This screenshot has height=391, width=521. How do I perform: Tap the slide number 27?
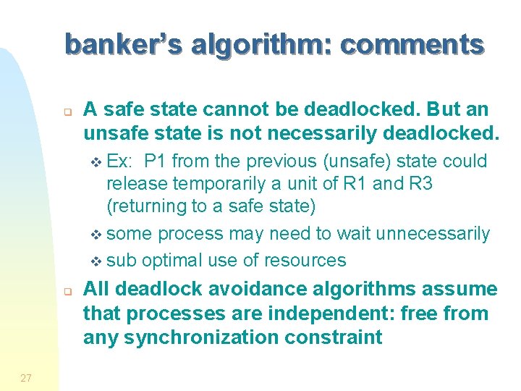tap(26, 377)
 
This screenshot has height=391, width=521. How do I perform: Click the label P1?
tap(156, 161)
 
